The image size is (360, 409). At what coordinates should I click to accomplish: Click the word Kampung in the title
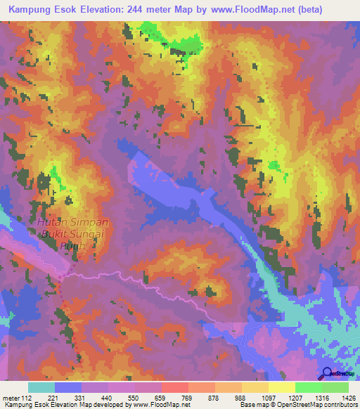pyautogui.click(x=31, y=9)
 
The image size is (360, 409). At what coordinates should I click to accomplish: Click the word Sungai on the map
pyautogui.click(x=88, y=235)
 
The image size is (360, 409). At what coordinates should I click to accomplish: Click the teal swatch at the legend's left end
pyautogui.click(x=41, y=387)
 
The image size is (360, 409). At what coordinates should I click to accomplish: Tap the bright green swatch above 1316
pyautogui.click(x=309, y=387)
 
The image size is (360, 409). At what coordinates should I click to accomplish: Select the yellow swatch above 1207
pyautogui.click(x=282, y=387)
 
